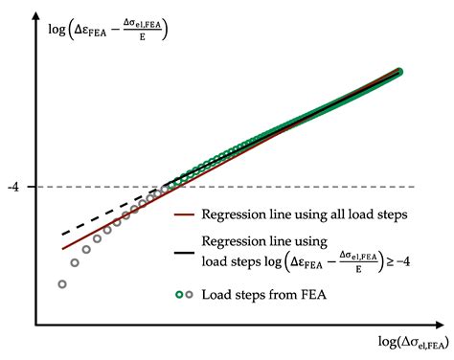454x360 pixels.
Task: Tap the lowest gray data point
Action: tap(62, 284)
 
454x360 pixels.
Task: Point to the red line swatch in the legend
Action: tap(187, 215)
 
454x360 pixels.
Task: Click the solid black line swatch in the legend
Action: tap(187, 253)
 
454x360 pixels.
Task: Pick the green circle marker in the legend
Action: tap(180, 294)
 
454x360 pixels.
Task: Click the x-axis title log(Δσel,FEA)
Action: tap(407, 343)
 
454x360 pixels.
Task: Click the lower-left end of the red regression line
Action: tap(63, 249)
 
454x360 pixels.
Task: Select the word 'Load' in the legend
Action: tap(219, 294)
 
